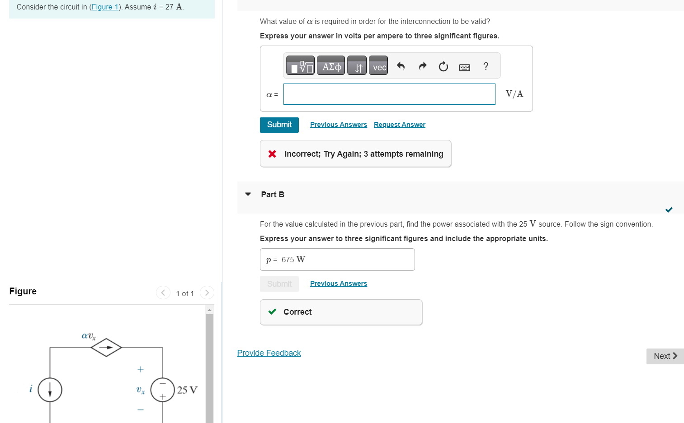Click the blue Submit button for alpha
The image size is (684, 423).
[x=279, y=125]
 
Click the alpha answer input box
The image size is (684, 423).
[x=389, y=94]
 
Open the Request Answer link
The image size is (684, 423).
[x=399, y=125]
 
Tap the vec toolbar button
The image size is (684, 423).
[x=378, y=66]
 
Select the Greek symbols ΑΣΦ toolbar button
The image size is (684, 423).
[x=331, y=66]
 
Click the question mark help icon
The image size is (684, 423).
[x=486, y=66]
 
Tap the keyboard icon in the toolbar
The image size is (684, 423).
[x=464, y=67]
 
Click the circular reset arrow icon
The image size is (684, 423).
[x=443, y=67]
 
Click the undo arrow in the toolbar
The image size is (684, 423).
[x=401, y=66]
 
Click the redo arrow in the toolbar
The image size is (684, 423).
[x=422, y=66]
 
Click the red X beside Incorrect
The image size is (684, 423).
[x=272, y=154]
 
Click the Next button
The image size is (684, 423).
[x=665, y=356]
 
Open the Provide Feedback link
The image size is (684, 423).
[x=269, y=353]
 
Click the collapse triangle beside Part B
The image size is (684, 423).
[x=248, y=195]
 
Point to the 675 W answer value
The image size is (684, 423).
[x=293, y=260]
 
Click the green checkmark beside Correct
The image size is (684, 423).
[x=272, y=312]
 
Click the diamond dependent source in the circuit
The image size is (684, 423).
[x=106, y=347]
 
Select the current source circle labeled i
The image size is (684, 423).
[x=50, y=390]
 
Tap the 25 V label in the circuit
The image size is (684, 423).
[x=187, y=390]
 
